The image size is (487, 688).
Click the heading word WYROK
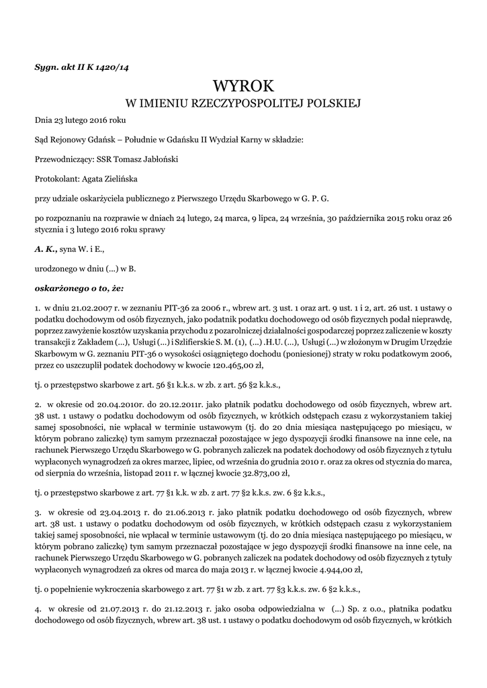pyautogui.click(x=243, y=87)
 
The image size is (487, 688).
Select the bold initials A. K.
pyautogui.click(x=46, y=249)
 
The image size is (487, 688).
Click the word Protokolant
pyautogui.click(x=56, y=179)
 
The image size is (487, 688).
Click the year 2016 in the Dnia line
pyautogui.click(x=99, y=120)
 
